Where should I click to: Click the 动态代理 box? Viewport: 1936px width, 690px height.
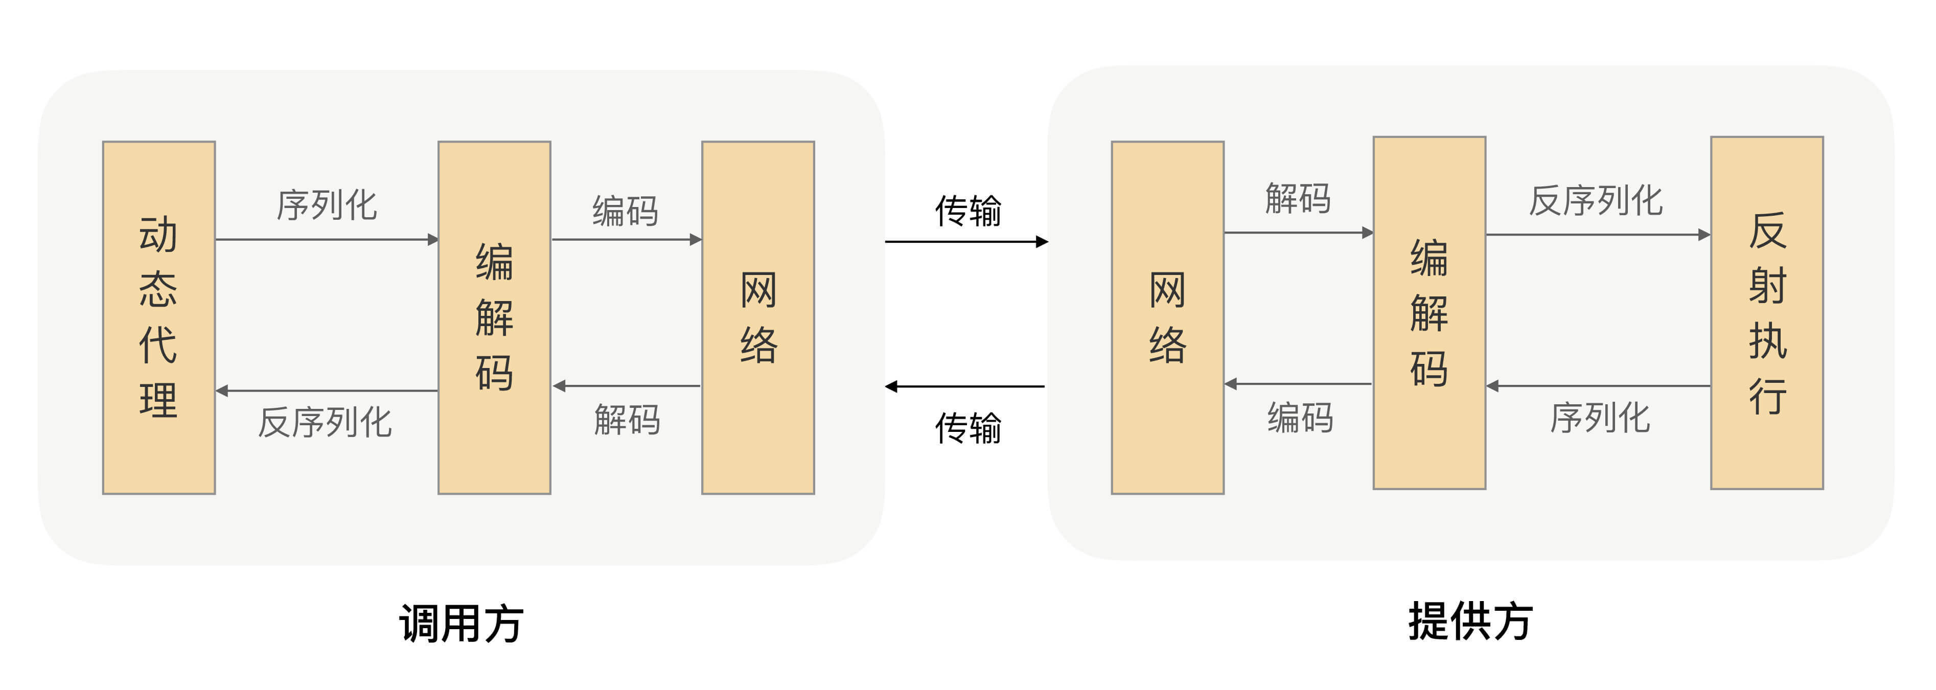[158, 317]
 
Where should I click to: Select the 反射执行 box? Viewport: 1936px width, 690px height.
[1766, 313]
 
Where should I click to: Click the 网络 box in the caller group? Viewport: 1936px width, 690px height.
[757, 317]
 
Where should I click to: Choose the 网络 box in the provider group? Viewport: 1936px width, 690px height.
[1167, 317]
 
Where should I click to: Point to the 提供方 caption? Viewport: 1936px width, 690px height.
[1470, 621]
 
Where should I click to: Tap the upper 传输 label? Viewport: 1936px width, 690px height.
[967, 211]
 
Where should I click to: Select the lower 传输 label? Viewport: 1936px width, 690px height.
[967, 428]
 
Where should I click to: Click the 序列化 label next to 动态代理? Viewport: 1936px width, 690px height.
[326, 204]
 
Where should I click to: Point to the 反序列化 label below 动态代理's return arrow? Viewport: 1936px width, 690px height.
[325, 422]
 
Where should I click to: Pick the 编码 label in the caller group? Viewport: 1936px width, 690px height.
[625, 211]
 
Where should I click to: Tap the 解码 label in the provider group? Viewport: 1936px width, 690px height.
[1298, 198]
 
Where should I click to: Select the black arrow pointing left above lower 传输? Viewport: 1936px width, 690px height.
[965, 386]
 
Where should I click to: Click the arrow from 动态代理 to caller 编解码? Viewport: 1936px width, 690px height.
[326, 240]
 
